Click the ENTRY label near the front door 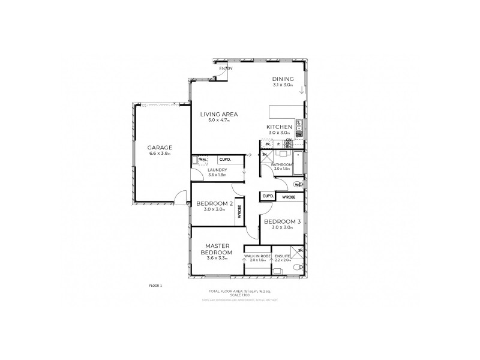pos(226,69)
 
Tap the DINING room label pos(282,79)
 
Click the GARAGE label pos(160,147)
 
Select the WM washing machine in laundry pos(203,160)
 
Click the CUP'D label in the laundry pos(226,160)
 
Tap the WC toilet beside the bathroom pos(298,185)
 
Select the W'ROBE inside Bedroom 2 pos(239,212)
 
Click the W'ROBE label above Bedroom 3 pos(288,196)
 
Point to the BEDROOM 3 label pos(281,221)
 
